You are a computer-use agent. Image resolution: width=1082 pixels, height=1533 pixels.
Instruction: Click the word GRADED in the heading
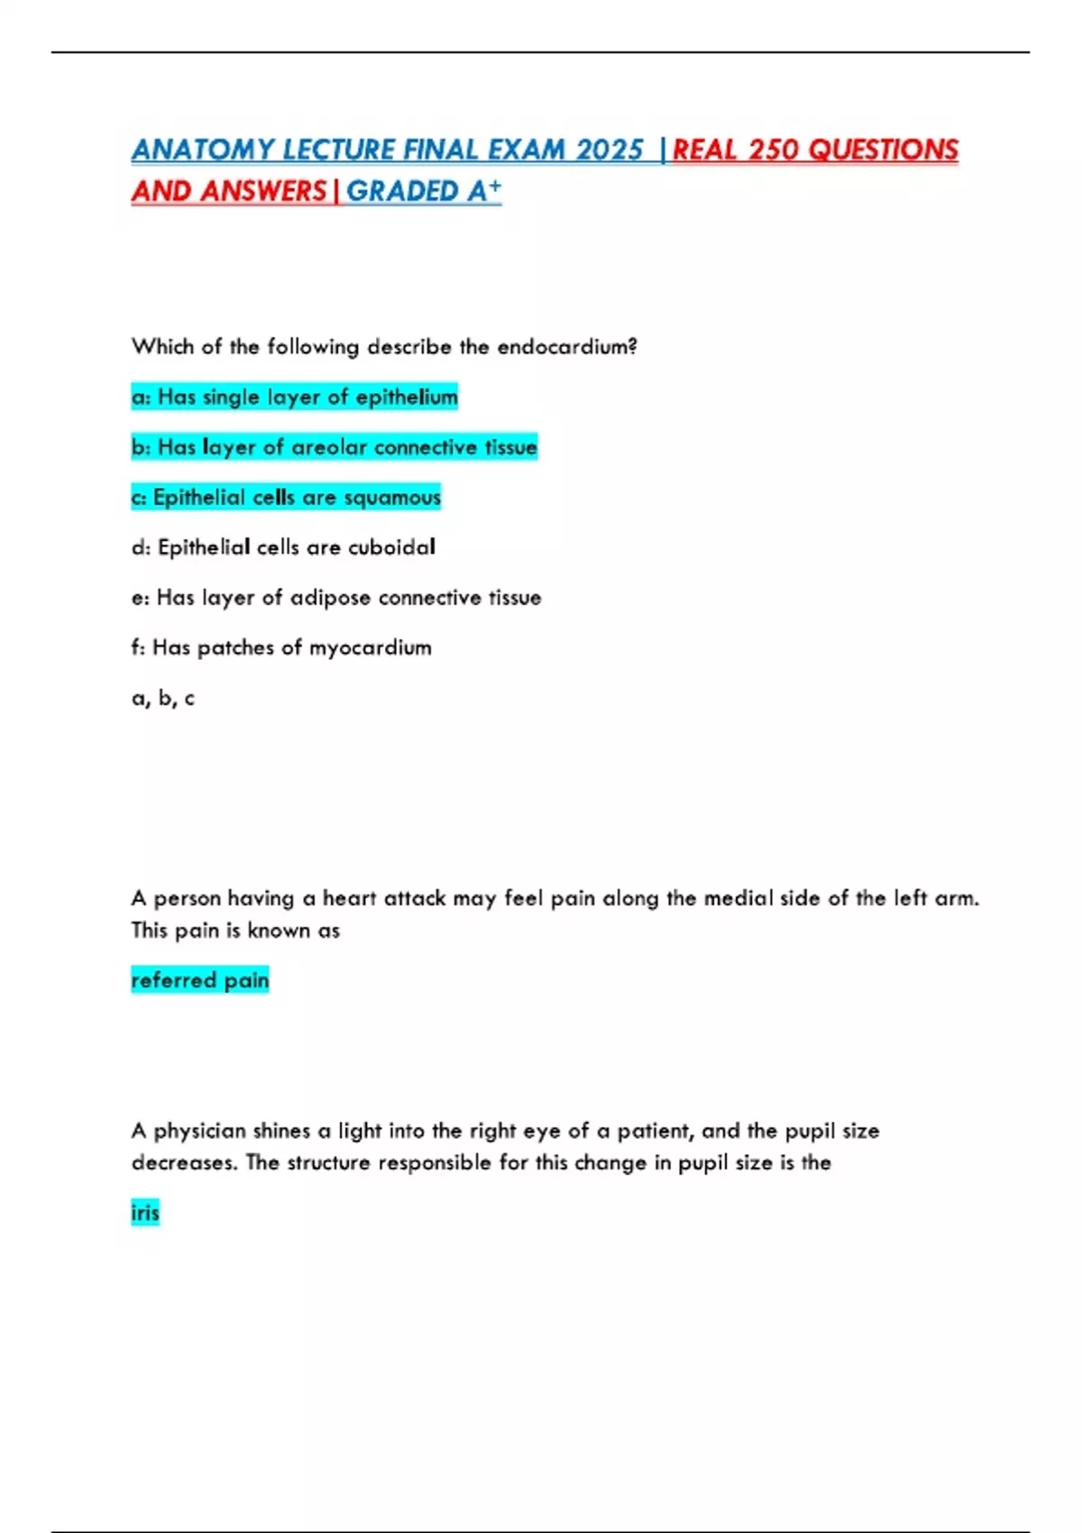[x=403, y=191]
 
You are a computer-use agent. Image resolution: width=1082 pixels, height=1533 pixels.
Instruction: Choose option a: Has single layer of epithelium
[x=295, y=397]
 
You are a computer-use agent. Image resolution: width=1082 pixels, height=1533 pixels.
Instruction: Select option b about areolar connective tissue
[x=335, y=447]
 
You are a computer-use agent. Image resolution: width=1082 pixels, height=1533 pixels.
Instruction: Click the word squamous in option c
[x=392, y=498]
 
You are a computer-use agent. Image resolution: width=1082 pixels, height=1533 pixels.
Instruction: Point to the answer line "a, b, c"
[x=163, y=698]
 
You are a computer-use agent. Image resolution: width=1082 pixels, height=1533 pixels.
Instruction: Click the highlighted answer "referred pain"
[x=200, y=980]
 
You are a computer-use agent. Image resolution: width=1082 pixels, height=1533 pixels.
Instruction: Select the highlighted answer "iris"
[x=145, y=1213]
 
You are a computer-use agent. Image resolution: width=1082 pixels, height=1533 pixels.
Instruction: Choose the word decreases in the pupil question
[x=185, y=1163]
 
